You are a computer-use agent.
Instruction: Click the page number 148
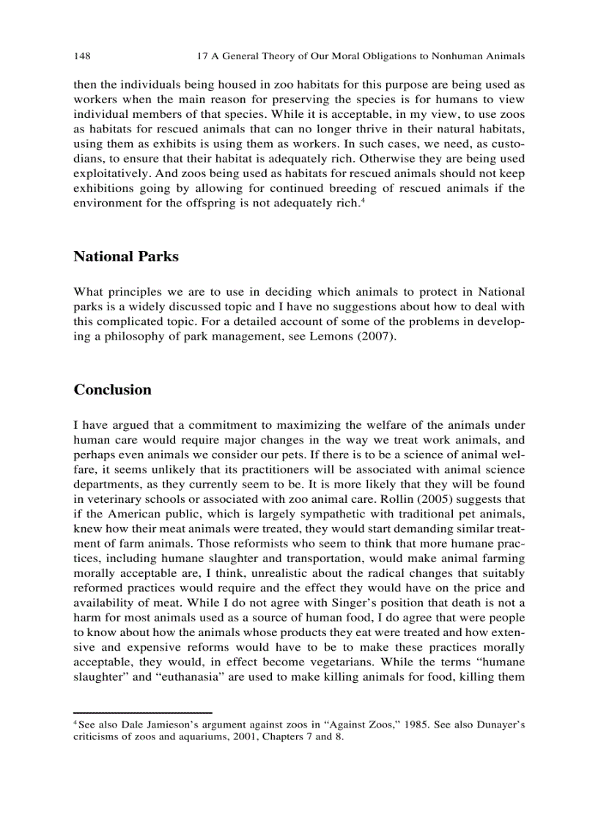tap(81, 56)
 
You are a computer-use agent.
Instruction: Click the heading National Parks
tap(125, 256)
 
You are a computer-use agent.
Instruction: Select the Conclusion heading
tap(112, 389)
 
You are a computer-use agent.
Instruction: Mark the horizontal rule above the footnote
tap(142, 712)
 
